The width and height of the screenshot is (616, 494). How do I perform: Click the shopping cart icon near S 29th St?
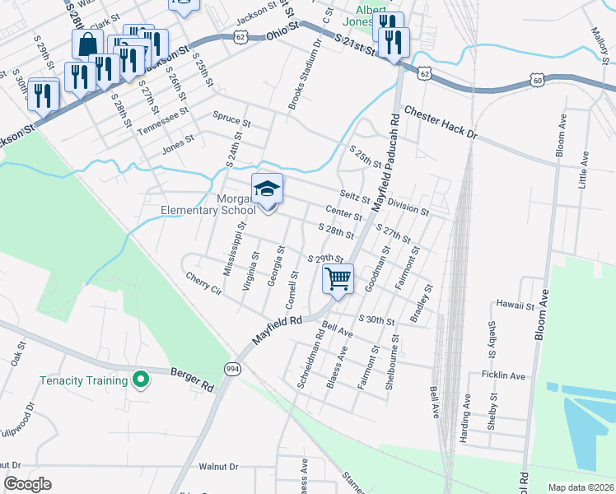pos(338,279)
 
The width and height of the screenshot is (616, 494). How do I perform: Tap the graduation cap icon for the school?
pos(267,189)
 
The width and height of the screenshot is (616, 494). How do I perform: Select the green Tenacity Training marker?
pos(141,380)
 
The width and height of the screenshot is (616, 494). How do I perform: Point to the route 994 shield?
pos(231,369)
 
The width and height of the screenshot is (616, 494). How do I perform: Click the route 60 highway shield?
pos(537,81)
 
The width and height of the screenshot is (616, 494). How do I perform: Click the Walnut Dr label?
pos(218,466)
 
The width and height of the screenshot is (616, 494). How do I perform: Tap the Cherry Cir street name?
pos(204,284)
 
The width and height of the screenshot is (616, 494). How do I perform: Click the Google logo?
pos(27,484)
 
